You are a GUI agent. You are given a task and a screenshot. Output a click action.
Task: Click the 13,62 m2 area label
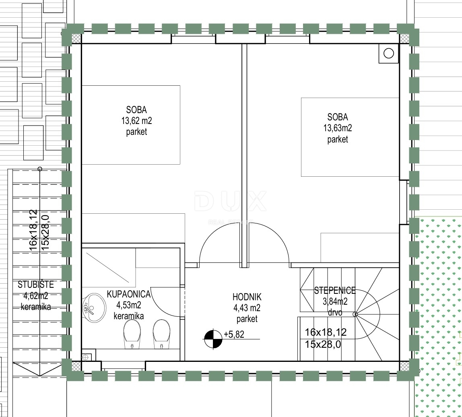point(136,121)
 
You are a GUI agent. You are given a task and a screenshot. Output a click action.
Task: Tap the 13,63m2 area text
point(338,128)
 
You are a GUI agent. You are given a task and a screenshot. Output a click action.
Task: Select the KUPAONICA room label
point(128,294)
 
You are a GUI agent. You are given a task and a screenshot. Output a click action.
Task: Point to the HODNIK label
point(247,297)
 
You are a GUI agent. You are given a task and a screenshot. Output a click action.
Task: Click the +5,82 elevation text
point(234,334)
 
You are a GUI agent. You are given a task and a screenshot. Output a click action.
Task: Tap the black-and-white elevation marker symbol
point(213,339)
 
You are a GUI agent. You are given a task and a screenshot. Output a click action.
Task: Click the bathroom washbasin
point(94,308)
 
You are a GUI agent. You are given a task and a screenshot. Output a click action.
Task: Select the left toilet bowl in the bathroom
point(132,334)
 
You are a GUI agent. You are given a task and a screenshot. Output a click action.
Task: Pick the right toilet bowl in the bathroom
point(161,334)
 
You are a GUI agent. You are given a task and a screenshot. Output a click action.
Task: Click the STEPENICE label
point(335,291)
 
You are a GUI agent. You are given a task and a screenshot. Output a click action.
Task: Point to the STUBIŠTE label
point(36,285)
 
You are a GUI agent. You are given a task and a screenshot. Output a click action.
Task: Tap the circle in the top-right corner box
point(389,54)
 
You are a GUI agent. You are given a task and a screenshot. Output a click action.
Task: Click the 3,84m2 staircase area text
point(335,301)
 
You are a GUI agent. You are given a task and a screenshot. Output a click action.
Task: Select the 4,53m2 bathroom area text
point(129,305)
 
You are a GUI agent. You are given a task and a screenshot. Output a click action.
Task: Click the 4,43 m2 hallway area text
point(247,308)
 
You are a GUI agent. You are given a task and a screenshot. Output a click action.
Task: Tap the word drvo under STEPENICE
point(335,312)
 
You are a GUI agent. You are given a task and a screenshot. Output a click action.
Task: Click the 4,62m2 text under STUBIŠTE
point(36,295)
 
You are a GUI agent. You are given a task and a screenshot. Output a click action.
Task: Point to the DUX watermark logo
point(231,201)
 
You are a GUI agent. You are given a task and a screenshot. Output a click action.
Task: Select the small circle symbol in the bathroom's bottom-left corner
point(85,357)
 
